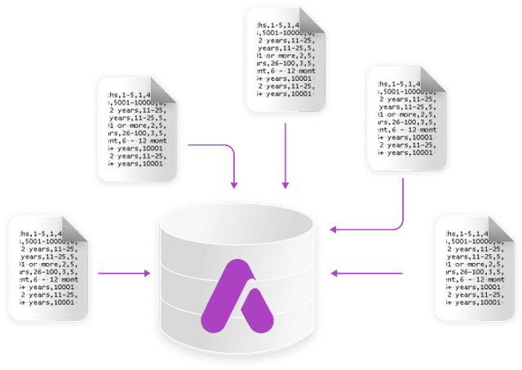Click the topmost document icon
(x=285, y=57)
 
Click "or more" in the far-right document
(x=473, y=265)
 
